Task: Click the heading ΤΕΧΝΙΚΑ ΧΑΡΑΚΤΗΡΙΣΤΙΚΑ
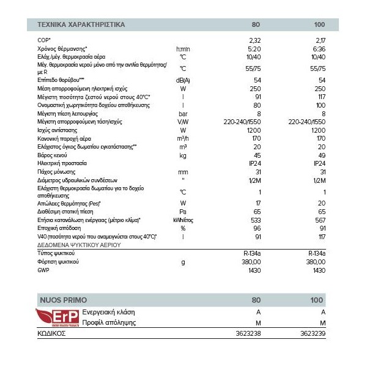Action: click(x=81, y=25)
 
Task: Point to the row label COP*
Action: click(x=44, y=40)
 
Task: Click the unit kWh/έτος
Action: click(x=183, y=220)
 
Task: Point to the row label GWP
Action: click(x=43, y=269)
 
